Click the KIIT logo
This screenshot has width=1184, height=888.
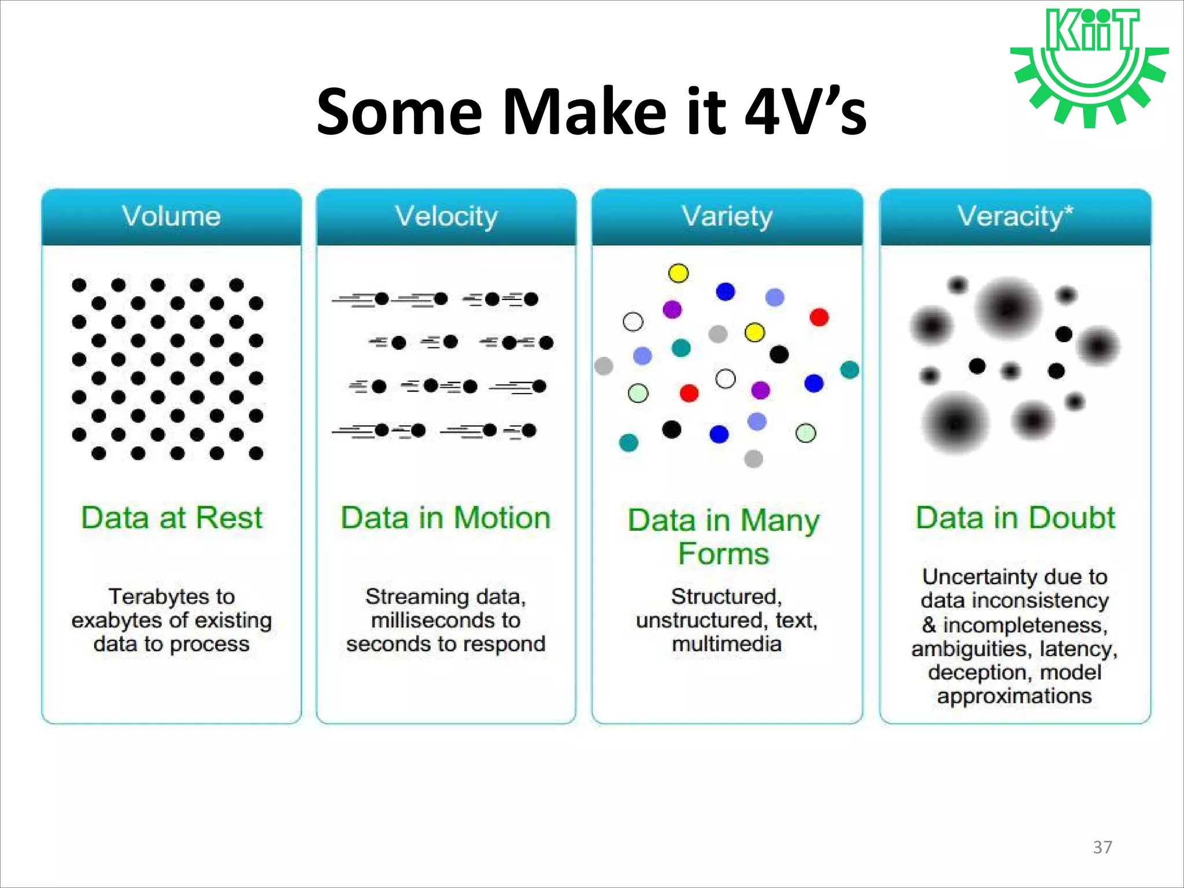(x=1090, y=66)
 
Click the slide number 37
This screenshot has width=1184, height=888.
(x=1102, y=847)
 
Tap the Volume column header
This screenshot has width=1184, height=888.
(x=171, y=217)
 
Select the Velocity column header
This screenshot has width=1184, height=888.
(x=446, y=217)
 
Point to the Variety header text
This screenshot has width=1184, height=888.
(x=727, y=217)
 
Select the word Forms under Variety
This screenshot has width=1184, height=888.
(x=723, y=554)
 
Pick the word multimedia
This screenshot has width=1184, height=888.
(x=727, y=644)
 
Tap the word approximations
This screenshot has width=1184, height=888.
(x=1015, y=696)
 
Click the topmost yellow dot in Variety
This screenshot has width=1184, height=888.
(x=678, y=273)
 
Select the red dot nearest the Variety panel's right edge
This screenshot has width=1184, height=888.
(x=819, y=317)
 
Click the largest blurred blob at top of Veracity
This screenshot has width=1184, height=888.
(x=1008, y=308)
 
